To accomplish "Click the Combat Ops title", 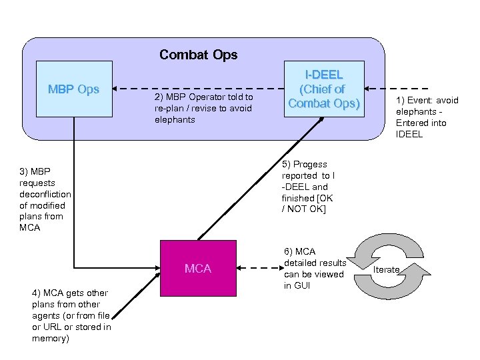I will click(198, 55).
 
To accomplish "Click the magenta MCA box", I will click(198, 268).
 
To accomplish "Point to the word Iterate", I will click(386, 269).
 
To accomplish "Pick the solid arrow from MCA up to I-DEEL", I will click(267, 177).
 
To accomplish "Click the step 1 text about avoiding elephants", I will click(427, 117).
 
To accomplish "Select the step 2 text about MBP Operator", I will click(203, 108).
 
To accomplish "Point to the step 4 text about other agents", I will click(71, 315).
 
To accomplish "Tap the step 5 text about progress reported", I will click(307, 187).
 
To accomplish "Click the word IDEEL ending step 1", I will click(409, 134).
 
